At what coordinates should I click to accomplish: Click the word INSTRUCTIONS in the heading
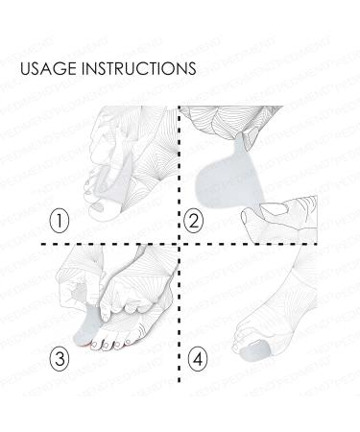coord(138,69)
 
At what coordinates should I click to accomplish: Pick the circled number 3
coord(60,361)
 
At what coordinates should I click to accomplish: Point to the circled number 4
coord(198,361)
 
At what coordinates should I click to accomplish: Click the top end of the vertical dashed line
coord(180,108)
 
